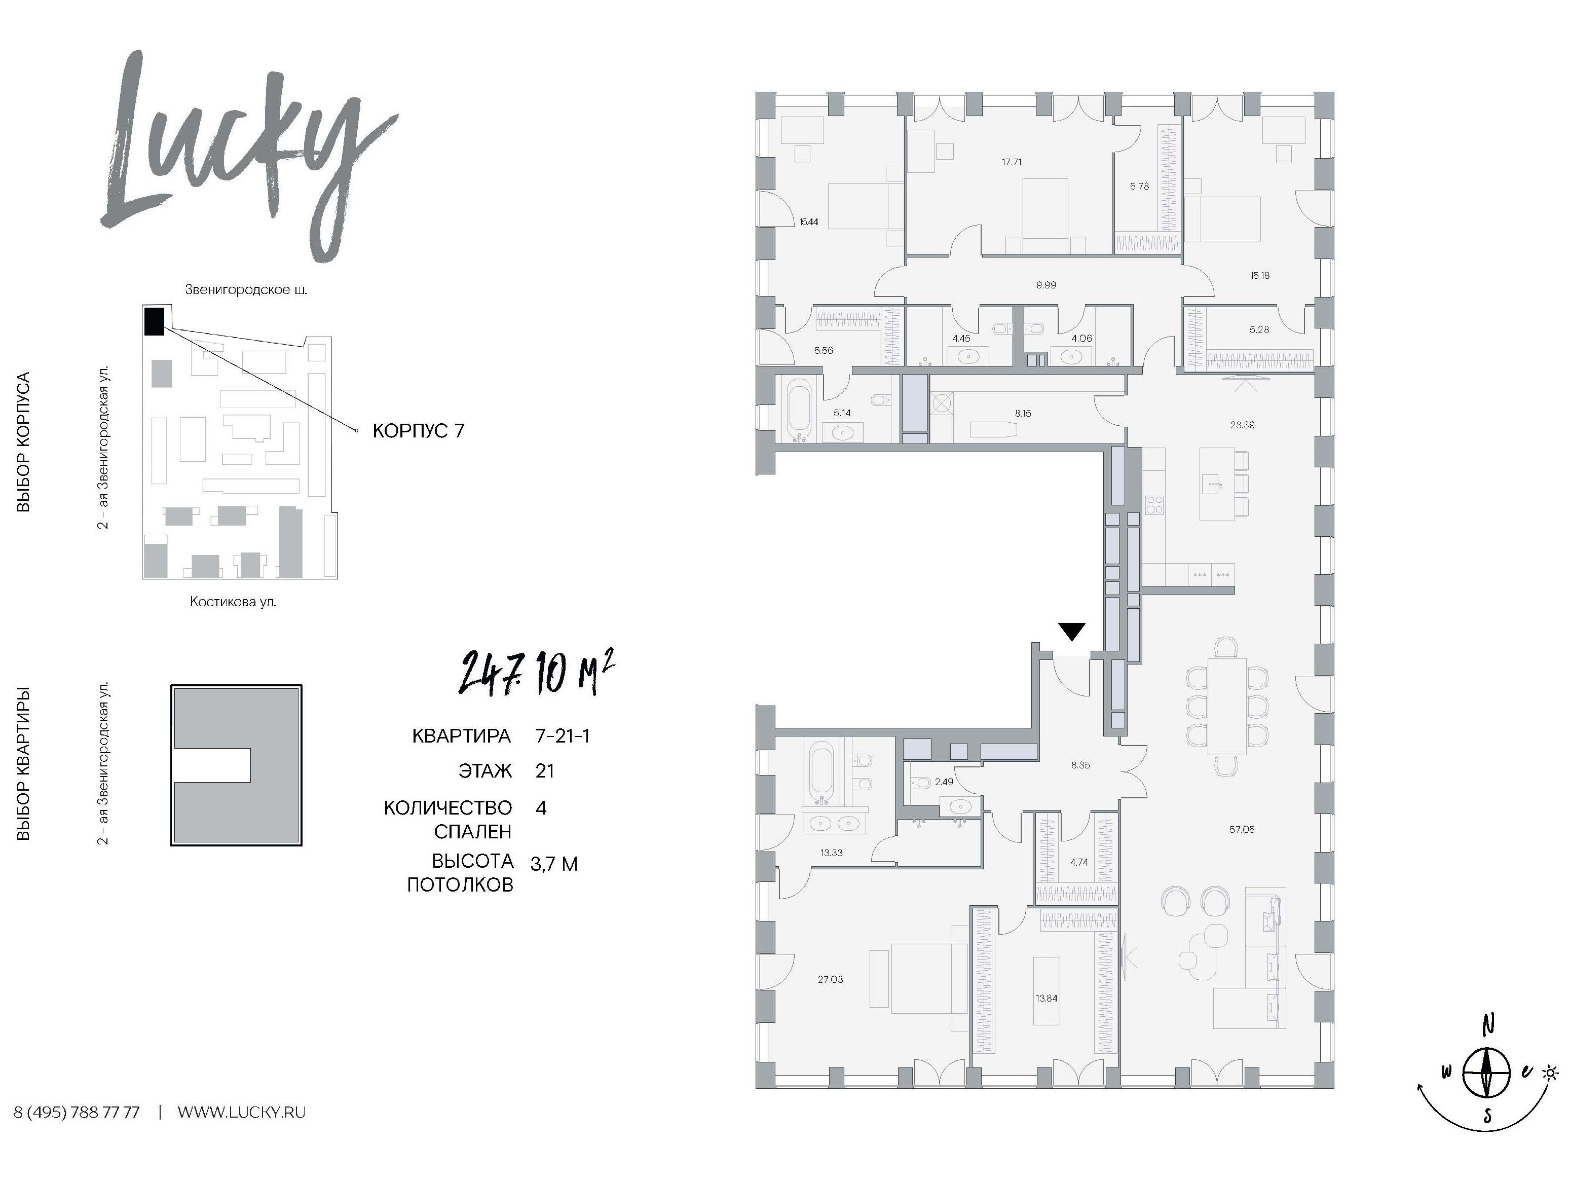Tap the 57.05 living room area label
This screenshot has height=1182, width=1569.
coord(1241,829)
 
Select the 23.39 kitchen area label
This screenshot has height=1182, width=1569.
coord(1242,425)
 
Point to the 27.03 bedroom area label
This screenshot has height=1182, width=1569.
coord(831,980)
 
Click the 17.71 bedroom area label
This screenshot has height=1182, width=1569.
coord(1012,162)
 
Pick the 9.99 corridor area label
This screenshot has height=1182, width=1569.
coord(1045,285)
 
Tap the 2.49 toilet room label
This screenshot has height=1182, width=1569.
coord(944,782)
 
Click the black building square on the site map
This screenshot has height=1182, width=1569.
coord(154,321)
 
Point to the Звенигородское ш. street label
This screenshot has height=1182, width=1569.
coord(246,289)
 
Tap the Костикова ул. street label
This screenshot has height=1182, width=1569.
coord(233,602)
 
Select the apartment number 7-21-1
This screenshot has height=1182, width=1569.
coord(563,736)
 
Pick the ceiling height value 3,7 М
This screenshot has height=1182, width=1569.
coord(554,864)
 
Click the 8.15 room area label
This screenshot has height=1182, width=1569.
coord(1022,413)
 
